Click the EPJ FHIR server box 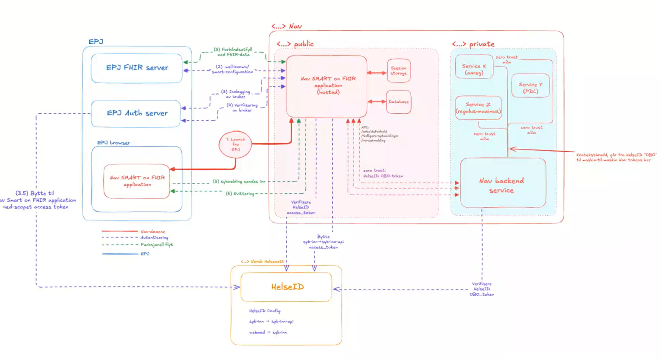point(136,68)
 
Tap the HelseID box point(286,287)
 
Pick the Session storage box point(398,71)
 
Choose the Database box point(398,102)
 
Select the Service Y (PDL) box point(530,87)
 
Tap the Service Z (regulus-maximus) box point(478,108)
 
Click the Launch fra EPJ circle point(235,144)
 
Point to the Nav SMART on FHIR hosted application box point(327,86)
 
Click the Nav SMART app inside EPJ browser point(137,181)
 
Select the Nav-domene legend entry point(153,231)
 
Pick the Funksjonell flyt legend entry point(157,245)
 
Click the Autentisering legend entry point(154,238)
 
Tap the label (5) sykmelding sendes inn point(239,182)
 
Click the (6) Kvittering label point(240,193)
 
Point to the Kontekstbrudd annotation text point(616,157)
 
